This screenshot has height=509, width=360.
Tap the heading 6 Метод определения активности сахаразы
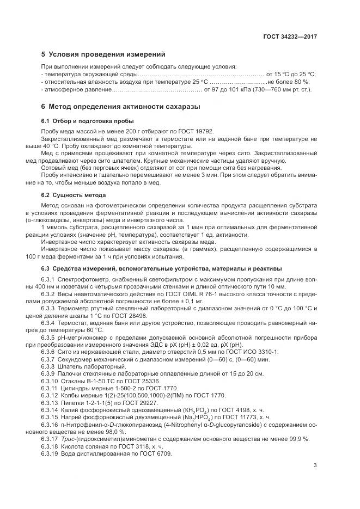point(121,107)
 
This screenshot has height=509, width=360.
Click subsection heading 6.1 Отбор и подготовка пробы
point(83,121)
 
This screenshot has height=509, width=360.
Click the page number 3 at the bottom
point(315,464)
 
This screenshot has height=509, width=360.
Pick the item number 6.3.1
point(48,279)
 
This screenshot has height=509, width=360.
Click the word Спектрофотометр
point(83,279)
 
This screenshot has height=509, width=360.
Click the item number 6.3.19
point(50,453)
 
